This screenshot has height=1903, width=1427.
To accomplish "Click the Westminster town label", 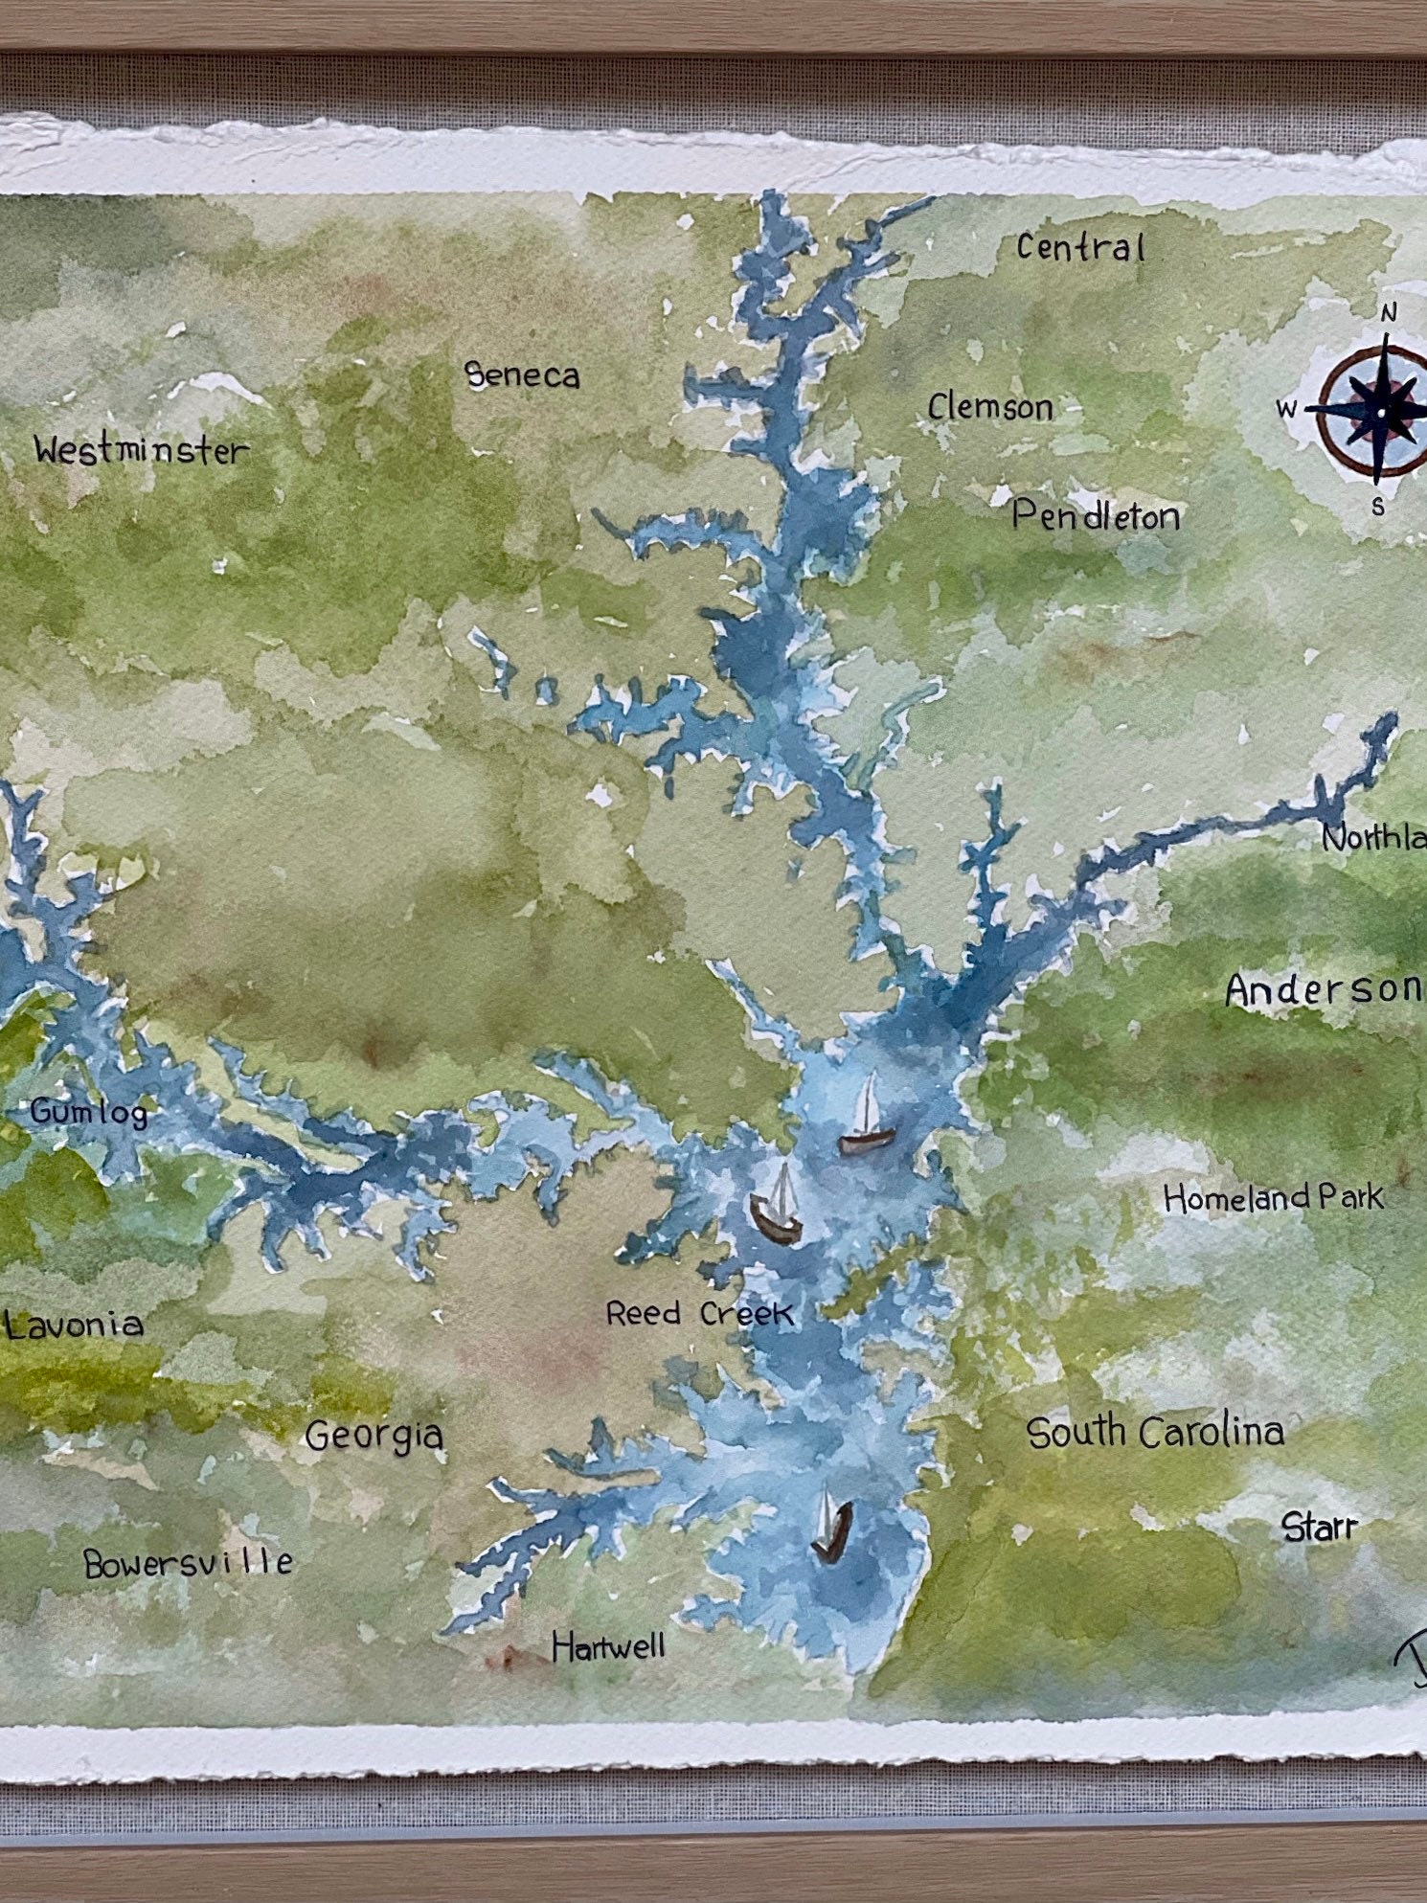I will [x=141, y=450].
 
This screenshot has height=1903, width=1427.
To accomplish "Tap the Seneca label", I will [x=522, y=375].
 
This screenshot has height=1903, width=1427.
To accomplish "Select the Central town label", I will [x=1080, y=248].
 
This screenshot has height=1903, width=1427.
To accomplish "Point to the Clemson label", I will [x=990, y=408].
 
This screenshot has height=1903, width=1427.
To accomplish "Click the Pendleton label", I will [x=1096, y=517].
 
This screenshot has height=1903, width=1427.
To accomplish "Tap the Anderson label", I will [x=1324, y=990].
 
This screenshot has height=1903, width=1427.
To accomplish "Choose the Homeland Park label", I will [x=1273, y=1197].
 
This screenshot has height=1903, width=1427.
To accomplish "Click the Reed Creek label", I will [x=699, y=1313].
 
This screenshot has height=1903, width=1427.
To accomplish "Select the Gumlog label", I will [x=89, y=1113].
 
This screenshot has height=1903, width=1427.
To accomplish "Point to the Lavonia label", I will [x=74, y=1325].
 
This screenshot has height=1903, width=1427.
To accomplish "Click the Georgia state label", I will [x=374, y=1436].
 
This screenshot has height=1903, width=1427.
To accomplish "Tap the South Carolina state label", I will [x=1155, y=1433].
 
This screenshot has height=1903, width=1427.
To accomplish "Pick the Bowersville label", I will [x=188, y=1563].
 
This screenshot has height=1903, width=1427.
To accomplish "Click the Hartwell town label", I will [x=608, y=1647].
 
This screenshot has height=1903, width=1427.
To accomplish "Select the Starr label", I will [x=1320, y=1527].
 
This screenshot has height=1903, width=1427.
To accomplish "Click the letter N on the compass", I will [x=1389, y=313].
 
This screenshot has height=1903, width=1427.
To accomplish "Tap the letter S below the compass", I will [x=1377, y=508].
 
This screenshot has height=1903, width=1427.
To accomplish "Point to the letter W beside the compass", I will [x=1286, y=410].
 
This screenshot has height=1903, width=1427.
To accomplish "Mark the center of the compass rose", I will [x=1380, y=411].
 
